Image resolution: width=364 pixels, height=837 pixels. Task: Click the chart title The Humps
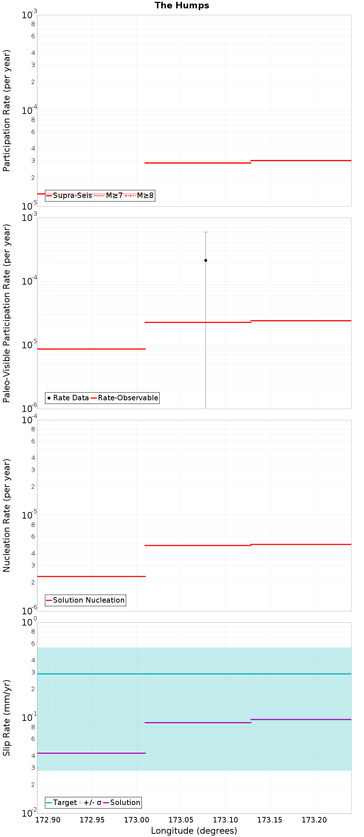(182, 5)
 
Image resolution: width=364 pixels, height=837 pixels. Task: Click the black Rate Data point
(206, 261)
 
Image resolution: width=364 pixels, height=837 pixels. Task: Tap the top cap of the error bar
(206, 232)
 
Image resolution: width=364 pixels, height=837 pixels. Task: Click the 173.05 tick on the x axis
(181, 820)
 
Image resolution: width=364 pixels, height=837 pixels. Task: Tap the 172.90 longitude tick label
(48, 820)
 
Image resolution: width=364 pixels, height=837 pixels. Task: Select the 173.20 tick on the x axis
(314, 820)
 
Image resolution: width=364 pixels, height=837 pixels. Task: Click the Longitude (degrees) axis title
(194, 831)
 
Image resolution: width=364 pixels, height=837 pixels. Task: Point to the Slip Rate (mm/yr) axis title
(7, 718)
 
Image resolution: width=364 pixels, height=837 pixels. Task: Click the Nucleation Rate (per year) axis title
(7, 515)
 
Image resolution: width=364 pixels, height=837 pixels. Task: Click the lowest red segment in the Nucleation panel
(91, 576)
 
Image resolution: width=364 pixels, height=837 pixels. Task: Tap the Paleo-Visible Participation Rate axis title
(7, 313)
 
